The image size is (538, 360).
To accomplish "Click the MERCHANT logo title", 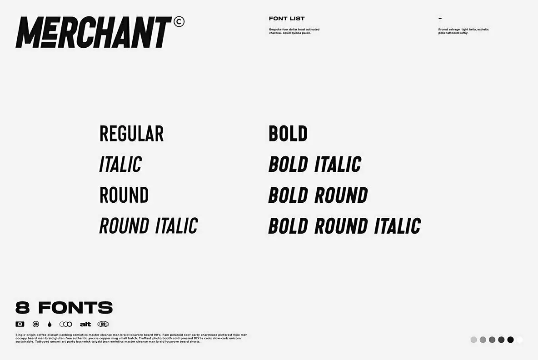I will [x=94, y=32].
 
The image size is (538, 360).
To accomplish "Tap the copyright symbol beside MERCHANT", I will [x=179, y=21].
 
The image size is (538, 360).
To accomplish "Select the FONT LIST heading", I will [x=287, y=19].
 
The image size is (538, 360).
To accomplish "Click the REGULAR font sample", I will [x=131, y=134].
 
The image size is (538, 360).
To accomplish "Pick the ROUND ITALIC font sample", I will [x=149, y=226].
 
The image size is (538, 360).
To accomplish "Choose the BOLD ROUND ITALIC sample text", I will [x=344, y=226].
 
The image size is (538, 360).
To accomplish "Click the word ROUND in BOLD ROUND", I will [x=341, y=195].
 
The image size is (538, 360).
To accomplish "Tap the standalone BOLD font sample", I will [x=288, y=134].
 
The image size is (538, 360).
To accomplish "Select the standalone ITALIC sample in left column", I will [x=120, y=165].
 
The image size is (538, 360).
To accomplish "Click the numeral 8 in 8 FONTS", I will [x=23, y=308].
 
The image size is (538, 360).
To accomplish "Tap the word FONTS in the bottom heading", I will [x=75, y=308].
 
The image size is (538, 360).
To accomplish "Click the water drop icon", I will [x=49, y=324].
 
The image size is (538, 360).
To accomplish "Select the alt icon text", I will [x=85, y=324].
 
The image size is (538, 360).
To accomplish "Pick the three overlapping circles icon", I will [x=66, y=324].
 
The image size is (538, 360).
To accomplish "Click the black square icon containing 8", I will [x=20, y=324].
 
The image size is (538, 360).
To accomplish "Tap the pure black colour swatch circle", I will [x=510, y=340].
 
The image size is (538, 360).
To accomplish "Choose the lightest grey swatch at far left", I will [x=474, y=340].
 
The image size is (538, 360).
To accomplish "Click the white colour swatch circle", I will [x=520, y=340].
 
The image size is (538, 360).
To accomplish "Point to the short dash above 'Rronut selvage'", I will [x=440, y=19].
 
